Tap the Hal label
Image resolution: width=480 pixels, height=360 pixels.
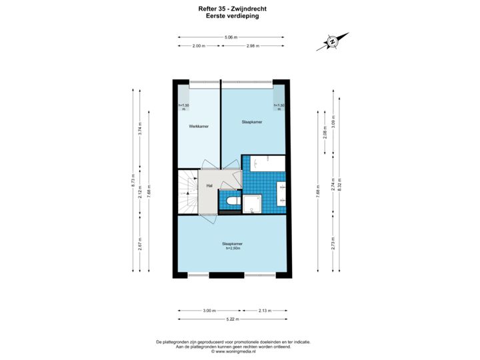coord(209,185)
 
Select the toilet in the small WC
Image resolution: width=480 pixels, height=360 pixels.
coord(233,201)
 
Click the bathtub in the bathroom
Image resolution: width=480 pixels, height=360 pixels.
coord(267,163)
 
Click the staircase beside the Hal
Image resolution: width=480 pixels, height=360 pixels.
coord(188,191)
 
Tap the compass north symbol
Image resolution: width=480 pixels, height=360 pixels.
coord(332,41)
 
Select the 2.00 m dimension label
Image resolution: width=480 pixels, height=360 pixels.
coord(198,45)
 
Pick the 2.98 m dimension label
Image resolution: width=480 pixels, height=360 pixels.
coord(252,45)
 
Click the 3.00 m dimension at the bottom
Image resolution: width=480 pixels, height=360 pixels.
coord(209,311)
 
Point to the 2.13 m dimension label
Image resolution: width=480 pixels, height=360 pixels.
coord(264,311)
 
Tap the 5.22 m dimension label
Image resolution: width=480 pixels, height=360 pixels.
coord(232,319)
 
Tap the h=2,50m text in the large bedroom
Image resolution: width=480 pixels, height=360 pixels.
coord(233,248)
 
